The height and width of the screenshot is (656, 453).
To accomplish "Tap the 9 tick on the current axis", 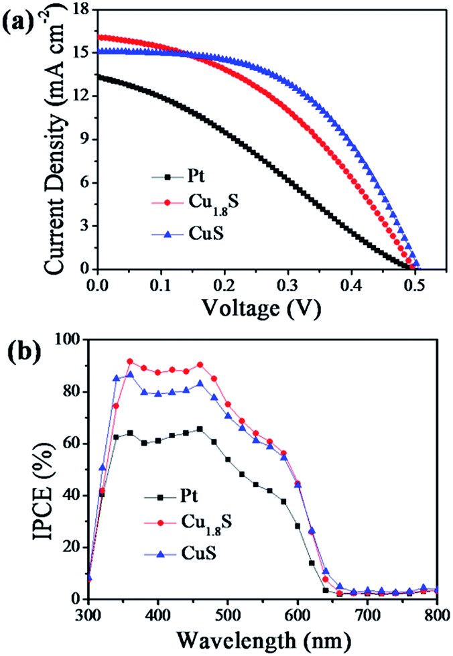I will tap(82, 139).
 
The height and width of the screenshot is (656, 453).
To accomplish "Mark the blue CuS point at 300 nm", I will tap(89, 577).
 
